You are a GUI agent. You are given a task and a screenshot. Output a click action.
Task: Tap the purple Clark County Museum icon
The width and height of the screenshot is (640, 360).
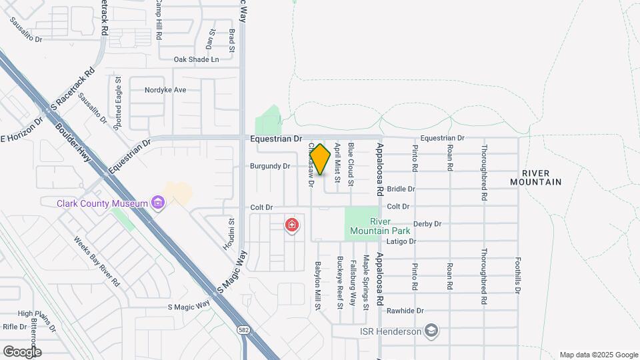tap(157, 202)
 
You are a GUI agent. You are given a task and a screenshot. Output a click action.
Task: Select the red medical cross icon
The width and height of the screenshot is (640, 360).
tap(291, 225)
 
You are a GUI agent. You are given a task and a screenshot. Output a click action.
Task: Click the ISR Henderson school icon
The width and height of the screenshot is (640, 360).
tap(431, 331)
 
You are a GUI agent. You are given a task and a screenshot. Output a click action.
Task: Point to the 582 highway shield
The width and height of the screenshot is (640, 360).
tap(245, 330)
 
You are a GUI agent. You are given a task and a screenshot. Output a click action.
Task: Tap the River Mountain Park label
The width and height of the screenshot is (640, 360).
tap(370, 227)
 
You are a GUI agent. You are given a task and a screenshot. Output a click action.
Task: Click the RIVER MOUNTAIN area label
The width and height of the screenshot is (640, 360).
tap(536, 177)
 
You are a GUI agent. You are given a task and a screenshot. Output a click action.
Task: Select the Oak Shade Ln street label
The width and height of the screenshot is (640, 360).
tap(196, 59)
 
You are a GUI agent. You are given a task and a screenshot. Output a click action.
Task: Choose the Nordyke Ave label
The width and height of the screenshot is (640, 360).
tap(165, 90)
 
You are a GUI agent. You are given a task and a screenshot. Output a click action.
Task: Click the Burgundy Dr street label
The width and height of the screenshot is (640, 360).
tap(270, 166)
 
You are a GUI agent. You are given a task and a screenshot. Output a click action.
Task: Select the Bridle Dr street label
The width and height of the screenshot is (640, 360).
tap(401, 189)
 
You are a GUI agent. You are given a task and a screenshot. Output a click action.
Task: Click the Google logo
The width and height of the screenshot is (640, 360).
tap(22, 351)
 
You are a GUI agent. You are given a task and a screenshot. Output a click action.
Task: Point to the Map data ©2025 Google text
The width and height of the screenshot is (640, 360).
tap(599, 355)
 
